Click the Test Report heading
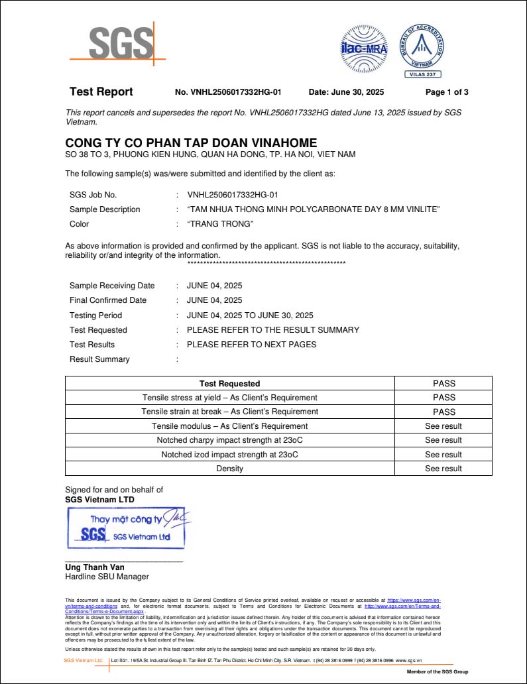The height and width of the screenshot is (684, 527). pyautogui.click(x=101, y=92)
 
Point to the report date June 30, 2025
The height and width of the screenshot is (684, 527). pyautogui.click(x=346, y=92)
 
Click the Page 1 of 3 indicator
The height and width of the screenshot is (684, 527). pyautogui.click(x=447, y=92)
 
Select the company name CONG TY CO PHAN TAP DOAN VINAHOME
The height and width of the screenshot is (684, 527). pyautogui.click(x=191, y=143)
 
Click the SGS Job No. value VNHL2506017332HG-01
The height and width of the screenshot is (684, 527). pyautogui.click(x=232, y=195)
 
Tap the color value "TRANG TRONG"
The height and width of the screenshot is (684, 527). pyautogui.click(x=221, y=224)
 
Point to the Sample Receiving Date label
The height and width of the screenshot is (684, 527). pyautogui.click(x=112, y=286)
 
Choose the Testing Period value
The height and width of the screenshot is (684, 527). pyautogui.click(x=250, y=315)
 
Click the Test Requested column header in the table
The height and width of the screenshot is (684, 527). pyautogui.click(x=229, y=383)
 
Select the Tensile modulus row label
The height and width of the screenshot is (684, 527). pyautogui.click(x=229, y=426)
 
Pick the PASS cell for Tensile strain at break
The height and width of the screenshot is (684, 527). pyautogui.click(x=443, y=412)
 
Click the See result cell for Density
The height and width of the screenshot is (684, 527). pyautogui.click(x=443, y=469)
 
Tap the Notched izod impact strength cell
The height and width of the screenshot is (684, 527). pyautogui.click(x=229, y=455)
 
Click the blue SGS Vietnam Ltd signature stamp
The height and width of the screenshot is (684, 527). pyautogui.click(x=129, y=528)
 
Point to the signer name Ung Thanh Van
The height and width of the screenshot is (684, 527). pyautogui.click(x=95, y=567)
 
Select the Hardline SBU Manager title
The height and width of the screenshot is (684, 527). pyautogui.click(x=107, y=577)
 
